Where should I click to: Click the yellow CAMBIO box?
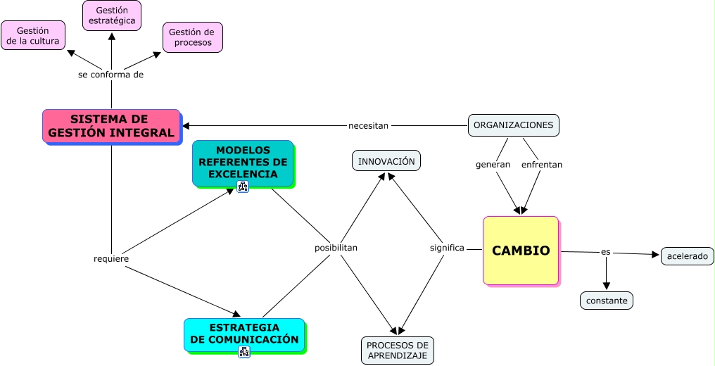521,251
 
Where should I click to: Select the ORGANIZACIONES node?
513,125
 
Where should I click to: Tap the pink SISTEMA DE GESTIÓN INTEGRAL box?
111,126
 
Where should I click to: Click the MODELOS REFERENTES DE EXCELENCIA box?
243,163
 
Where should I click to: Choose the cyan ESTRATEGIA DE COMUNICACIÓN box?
244,334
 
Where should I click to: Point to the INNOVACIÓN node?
386,161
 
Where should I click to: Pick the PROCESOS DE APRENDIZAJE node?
398,351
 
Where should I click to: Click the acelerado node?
688,256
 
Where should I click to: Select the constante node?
607,301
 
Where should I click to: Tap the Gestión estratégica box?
112,15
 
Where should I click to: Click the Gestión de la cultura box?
33,35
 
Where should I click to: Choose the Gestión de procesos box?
193,37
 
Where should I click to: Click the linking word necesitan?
368,126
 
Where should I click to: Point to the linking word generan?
493,165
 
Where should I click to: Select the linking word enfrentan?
542,165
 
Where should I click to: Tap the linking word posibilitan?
336,248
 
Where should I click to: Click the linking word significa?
447,248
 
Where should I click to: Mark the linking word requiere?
111,259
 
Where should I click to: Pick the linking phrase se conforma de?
111,75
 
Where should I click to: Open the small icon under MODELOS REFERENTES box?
243,187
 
